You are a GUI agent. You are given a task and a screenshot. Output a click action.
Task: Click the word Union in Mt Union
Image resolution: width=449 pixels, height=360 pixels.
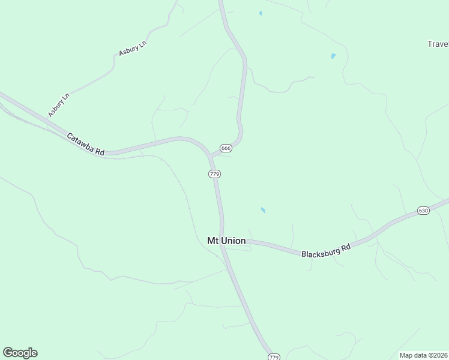coord(233,241)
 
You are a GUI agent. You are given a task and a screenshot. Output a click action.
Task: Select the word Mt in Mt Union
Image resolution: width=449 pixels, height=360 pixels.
coord(213,241)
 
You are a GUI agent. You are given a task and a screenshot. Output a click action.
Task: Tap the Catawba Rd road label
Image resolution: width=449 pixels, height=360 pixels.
coord(85,145)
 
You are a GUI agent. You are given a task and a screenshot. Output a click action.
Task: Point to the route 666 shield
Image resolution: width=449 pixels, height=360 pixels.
coord(226,148)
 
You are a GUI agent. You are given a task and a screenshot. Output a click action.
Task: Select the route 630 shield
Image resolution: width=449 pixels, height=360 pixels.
coord(424,211)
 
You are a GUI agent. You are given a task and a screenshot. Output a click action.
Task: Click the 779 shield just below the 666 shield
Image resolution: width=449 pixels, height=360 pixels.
coord(214,173)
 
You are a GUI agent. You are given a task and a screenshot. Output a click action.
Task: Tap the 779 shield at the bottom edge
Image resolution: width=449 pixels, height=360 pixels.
coord(274,356)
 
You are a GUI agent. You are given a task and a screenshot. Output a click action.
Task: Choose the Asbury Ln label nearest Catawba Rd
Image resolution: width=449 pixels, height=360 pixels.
coord(59,105)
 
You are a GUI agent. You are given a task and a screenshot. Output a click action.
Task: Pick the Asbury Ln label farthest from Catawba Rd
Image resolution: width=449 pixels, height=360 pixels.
coord(133,48)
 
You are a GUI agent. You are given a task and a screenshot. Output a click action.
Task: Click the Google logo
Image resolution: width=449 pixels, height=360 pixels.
coord(20,353)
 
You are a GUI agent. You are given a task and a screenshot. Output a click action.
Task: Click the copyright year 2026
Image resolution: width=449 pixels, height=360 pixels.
coord(439,355)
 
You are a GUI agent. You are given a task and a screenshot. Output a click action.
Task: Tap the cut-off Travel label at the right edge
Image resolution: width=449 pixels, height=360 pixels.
coord(438,44)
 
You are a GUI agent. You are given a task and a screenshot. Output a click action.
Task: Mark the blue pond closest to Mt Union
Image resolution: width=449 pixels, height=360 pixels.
coord(263,210)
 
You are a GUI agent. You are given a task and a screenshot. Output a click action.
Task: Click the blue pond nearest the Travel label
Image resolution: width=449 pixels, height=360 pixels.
coord(333,56)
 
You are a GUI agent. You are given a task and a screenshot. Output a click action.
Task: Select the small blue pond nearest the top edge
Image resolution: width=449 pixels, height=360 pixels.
coord(261,13)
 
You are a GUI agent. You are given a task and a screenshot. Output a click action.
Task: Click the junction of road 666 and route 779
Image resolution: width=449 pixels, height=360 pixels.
coord(210,155)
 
